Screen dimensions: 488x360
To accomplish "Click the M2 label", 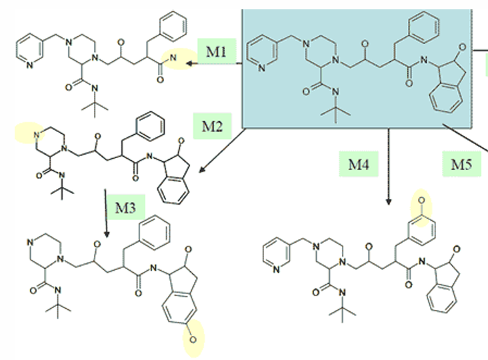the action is pos(213,123).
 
